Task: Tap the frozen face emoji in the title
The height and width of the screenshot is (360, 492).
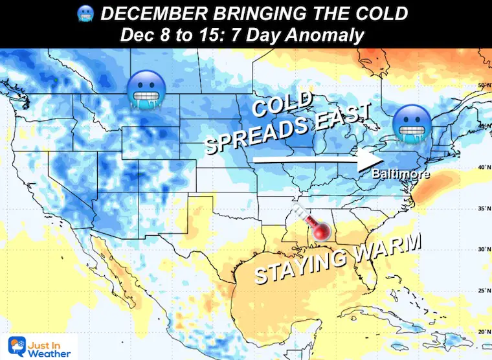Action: point(85,14)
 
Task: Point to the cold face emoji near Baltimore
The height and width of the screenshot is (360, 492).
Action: point(409,124)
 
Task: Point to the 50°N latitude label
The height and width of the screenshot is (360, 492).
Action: point(482,85)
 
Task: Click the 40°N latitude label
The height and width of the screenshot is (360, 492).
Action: point(482,168)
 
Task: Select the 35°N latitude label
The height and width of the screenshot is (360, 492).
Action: point(482,209)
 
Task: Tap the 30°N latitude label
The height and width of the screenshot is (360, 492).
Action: point(482,249)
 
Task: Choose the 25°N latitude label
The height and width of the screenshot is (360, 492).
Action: point(482,290)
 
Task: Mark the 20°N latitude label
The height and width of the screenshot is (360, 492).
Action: point(482,331)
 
